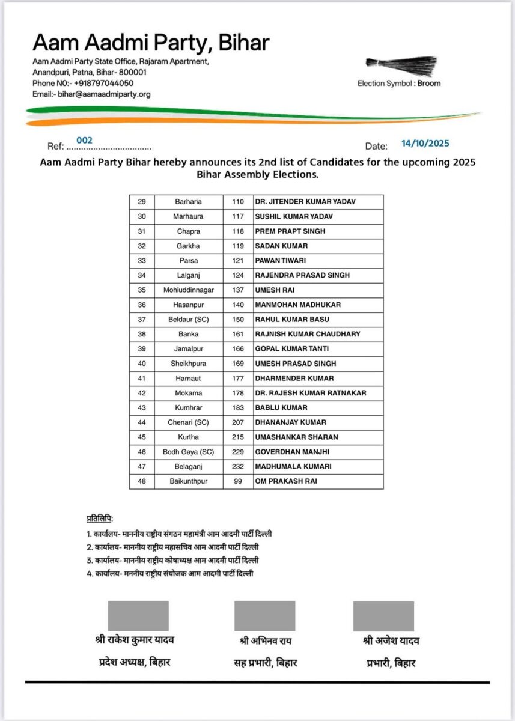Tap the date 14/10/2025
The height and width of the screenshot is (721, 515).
pos(425,144)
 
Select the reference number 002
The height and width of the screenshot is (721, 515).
pos(84,140)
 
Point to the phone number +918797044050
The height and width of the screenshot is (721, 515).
pos(103,84)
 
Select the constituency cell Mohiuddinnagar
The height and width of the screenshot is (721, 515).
pos(188,290)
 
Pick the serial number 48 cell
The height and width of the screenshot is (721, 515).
pos(142,481)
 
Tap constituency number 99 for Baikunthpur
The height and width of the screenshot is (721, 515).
pos(238,481)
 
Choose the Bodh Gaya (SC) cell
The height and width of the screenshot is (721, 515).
pos(188,452)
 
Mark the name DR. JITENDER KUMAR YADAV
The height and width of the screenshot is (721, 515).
pos(305,202)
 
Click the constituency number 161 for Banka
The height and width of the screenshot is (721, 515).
pos(238,334)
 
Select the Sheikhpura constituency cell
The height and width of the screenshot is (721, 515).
pos(188,364)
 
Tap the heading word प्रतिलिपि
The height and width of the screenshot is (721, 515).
pos(100,519)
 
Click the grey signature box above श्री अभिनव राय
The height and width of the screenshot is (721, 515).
pos(264,615)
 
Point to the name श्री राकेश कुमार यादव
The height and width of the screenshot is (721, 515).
pos(135,640)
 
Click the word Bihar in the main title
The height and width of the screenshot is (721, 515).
pos(243,43)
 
